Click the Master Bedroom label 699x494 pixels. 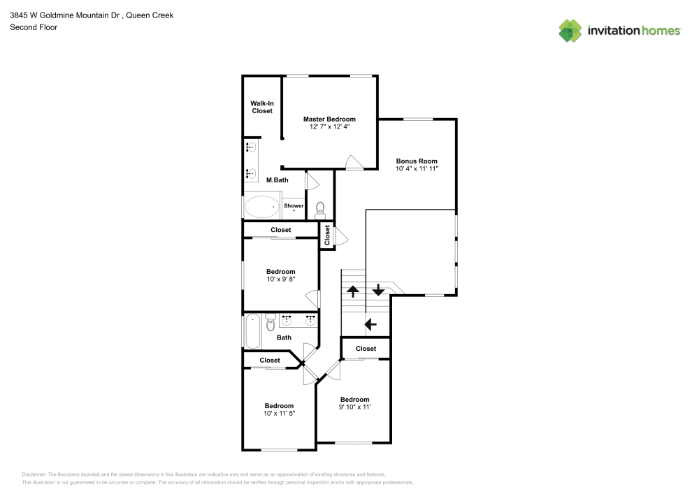tap(329, 119)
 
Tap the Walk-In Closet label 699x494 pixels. tap(262, 107)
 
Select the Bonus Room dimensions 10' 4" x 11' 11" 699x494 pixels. tap(417, 169)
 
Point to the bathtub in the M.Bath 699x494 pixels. tap(261, 207)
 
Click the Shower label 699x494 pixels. tap(294, 205)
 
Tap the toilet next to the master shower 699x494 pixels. tap(320, 210)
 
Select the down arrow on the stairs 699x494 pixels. tap(378, 290)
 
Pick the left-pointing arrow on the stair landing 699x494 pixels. tap(370, 324)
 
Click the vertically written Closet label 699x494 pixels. tap(327, 235)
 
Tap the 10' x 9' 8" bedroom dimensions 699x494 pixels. tap(281, 279)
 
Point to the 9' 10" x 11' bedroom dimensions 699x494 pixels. tap(355, 407)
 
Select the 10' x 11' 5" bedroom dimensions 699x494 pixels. tap(279, 414)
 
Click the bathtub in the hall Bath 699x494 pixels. tap(253, 331)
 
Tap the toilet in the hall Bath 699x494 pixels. tap(271, 322)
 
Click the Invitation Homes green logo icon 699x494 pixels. tap(570, 31)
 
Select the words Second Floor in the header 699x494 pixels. tap(34, 27)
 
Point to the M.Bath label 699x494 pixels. tap(278, 180)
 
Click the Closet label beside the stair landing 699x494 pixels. tap(366, 349)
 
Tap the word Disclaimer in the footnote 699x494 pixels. tap(34, 474)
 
